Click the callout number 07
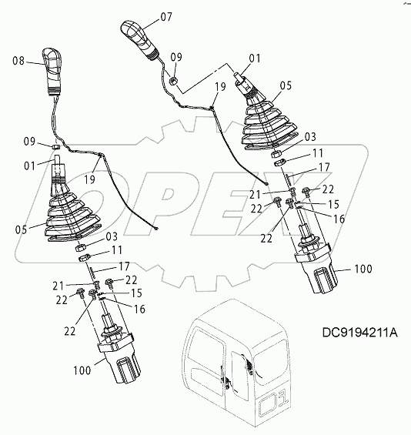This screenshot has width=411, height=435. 166,17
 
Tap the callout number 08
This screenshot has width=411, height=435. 18,61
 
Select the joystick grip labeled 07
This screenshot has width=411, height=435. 139,38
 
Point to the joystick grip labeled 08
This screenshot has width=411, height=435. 52,72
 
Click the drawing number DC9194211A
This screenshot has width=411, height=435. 359,333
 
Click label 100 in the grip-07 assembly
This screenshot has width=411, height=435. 363,269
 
